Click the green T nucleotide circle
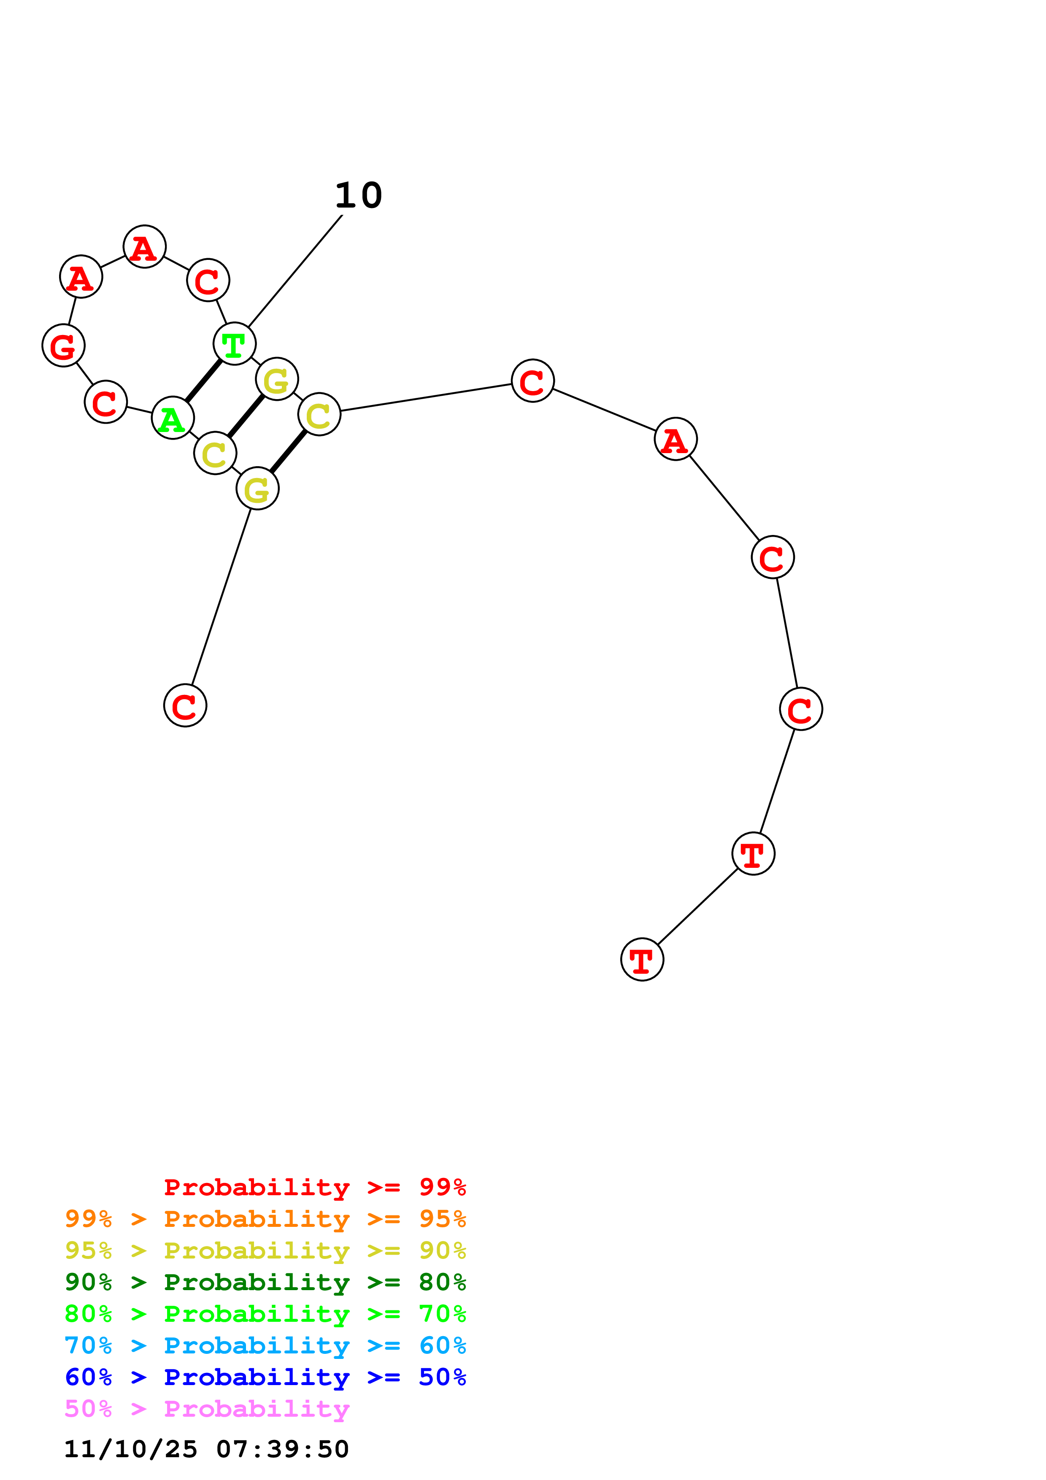click(235, 343)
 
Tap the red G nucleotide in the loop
click(63, 346)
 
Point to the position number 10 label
click(358, 195)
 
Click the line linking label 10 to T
click(295, 271)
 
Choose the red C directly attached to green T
click(208, 281)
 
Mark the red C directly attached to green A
click(105, 402)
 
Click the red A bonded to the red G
click(81, 276)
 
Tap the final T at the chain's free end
click(642, 959)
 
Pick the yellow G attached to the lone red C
click(258, 489)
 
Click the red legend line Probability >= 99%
click(314, 1187)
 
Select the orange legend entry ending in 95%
click(265, 1219)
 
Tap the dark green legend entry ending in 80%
click(265, 1282)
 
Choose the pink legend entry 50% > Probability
click(207, 1408)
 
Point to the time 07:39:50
click(282, 1449)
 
